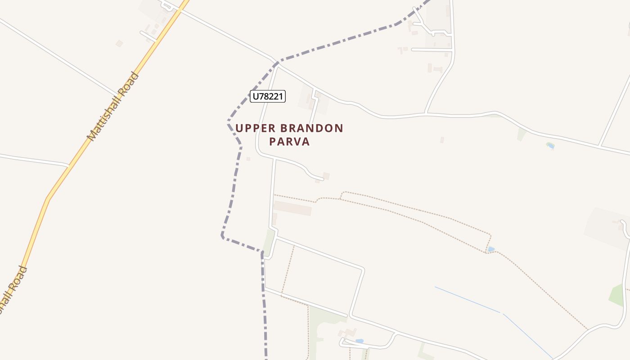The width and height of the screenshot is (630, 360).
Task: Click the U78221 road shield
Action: coord(268,96)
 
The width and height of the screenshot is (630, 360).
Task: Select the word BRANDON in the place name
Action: coord(313,128)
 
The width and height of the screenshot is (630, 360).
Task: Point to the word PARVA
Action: coord(290,142)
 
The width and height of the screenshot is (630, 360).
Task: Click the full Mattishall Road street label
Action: coord(113,106)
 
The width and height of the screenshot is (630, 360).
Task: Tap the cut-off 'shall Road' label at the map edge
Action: coord(13,290)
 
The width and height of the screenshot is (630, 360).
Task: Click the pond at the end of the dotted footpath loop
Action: coord(491,249)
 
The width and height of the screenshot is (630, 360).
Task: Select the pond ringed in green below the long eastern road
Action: coord(550,145)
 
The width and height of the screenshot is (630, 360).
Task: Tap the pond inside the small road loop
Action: coord(359,341)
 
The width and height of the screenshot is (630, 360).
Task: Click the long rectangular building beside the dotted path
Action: coord(292,208)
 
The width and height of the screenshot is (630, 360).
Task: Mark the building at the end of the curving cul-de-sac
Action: coord(326,176)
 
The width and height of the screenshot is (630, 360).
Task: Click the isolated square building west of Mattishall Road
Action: coord(119,44)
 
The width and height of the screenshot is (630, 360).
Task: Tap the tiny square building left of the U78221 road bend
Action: coord(248,158)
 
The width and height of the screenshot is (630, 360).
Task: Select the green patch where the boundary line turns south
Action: coord(269,243)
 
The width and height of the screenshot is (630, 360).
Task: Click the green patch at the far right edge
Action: coord(616,295)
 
